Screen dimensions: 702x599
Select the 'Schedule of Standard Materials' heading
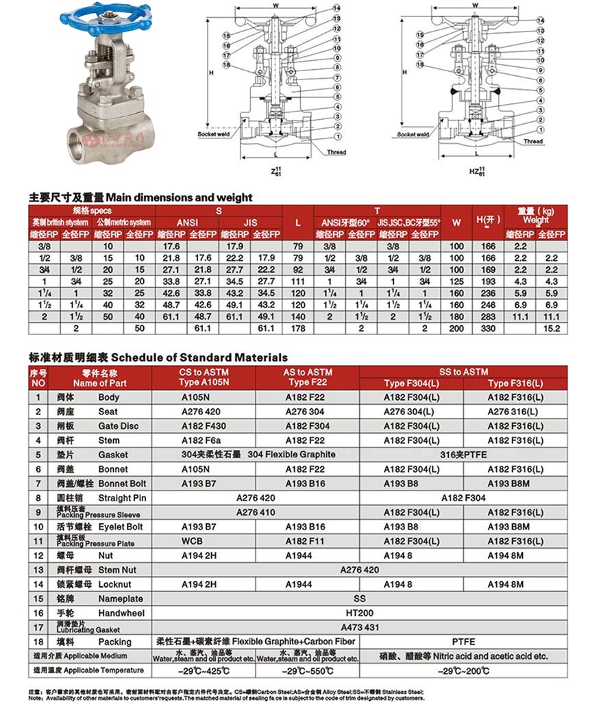(199, 358)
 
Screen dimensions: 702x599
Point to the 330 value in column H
(488, 329)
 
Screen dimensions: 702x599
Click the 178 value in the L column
(297, 329)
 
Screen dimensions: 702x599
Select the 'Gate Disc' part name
(118, 426)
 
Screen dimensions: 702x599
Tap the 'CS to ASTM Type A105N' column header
(204, 377)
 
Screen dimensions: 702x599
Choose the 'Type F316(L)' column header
(515, 383)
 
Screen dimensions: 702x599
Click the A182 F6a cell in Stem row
(204, 440)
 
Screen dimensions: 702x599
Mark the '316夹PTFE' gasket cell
(463, 455)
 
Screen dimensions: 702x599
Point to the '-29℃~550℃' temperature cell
(308, 670)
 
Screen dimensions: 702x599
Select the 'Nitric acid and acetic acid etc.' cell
(464, 656)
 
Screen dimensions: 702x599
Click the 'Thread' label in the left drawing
(337, 153)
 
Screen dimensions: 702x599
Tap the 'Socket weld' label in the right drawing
(413, 135)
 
